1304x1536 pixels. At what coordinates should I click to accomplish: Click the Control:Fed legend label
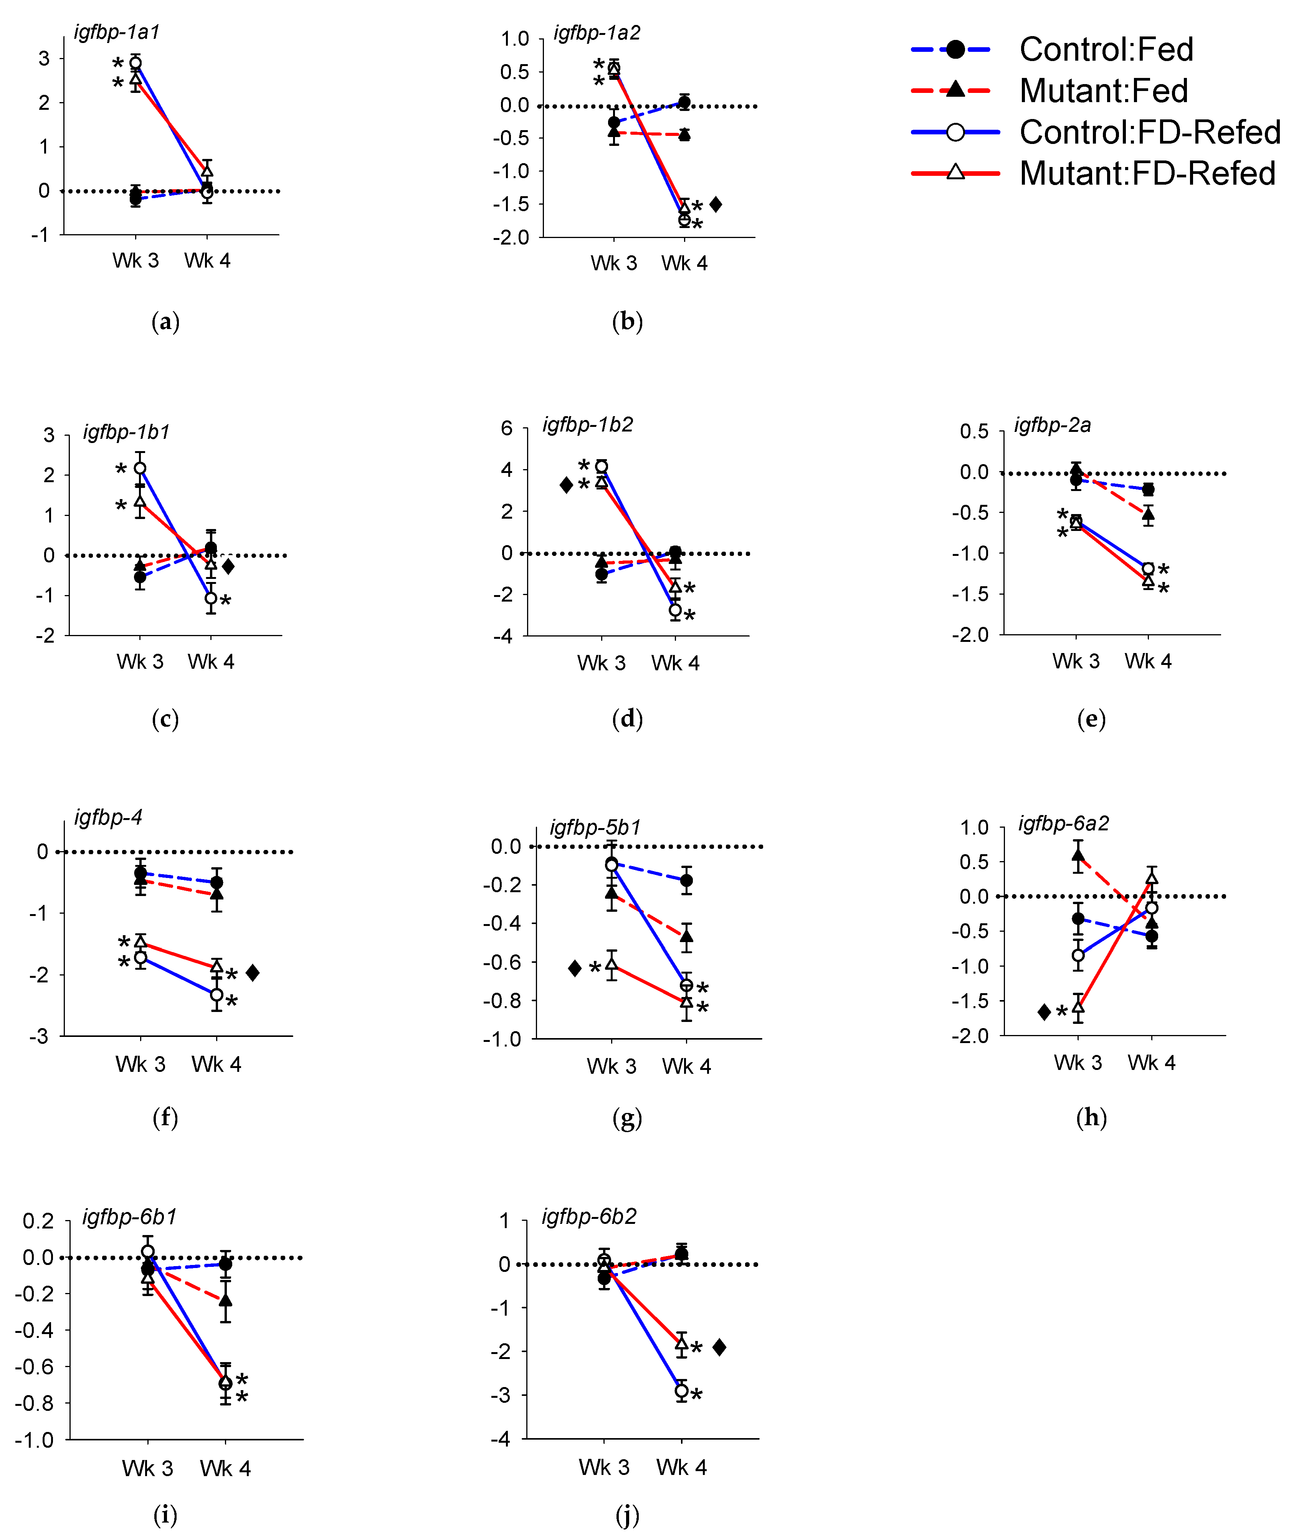(1106, 50)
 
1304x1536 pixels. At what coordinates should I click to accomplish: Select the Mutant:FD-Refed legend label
(1147, 174)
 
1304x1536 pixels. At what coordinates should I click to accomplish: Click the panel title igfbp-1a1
(117, 32)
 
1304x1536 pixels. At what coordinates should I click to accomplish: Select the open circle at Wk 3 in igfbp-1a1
(135, 63)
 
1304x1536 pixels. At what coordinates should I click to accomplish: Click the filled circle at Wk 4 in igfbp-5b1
(686, 880)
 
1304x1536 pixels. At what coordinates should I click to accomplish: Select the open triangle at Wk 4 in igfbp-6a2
(1151, 879)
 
